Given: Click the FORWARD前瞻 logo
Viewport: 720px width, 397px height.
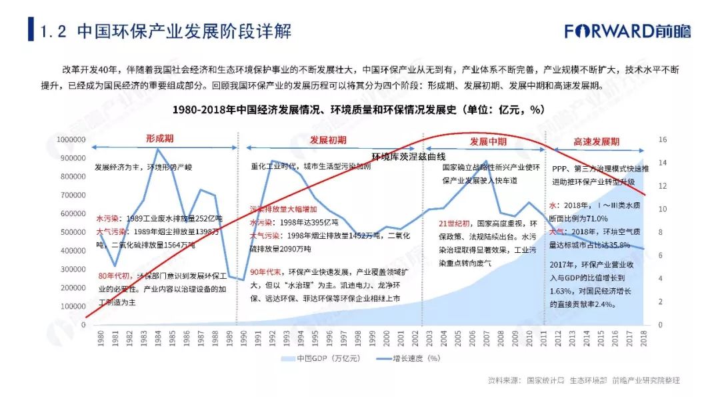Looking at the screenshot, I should [x=627, y=31].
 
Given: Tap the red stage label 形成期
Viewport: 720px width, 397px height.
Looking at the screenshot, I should [x=160, y=139].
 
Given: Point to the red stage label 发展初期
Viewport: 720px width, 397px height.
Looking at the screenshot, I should [x=328, y=140].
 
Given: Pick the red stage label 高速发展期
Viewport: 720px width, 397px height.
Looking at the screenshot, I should [x=596, y=141].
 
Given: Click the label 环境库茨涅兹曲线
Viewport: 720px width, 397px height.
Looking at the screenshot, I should [x=408, y=156].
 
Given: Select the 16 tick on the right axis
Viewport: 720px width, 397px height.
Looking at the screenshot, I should [x=663, y=139].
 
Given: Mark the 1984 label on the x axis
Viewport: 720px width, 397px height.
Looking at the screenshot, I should [x=157, y=338].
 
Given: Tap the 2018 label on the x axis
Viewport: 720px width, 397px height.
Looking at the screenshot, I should [x=644, y=338].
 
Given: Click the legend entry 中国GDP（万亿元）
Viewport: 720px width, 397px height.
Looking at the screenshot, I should [x=324, y=358].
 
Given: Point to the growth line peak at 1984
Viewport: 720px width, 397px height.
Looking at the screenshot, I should [x=157, y=149].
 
